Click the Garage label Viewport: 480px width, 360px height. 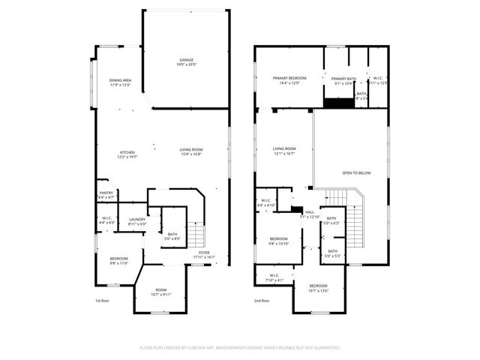[185, 62]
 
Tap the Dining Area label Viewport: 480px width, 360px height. [121, 82]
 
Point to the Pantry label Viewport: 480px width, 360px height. [106, 195]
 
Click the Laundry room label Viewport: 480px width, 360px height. [136, 221]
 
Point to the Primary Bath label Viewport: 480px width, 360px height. [338, 80]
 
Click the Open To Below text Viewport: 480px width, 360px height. [356, 173]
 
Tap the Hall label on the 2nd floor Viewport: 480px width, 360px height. [310, 214]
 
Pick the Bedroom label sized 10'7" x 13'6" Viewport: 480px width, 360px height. [319, 287]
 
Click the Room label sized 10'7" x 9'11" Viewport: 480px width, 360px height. [161, 292]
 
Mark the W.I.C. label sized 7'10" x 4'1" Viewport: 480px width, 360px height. [271, 278]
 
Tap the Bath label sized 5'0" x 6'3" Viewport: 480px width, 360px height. [331, 220]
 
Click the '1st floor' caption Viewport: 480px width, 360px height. [103, 301]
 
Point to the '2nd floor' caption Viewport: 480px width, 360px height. [262, 301]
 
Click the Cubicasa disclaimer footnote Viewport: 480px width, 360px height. [240, 348]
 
